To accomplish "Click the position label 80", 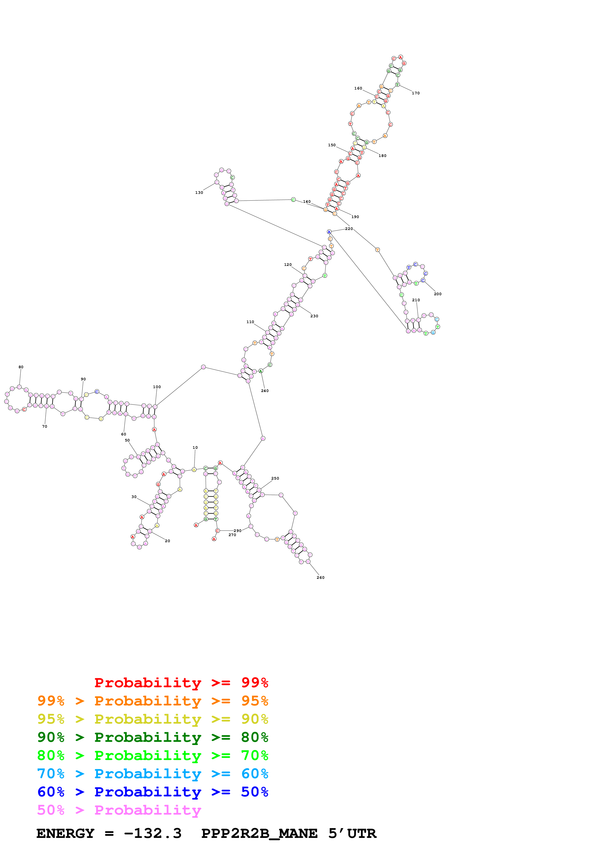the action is (x=21, y=367).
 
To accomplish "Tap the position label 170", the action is (x=415, y=93).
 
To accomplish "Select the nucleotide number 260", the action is (x=321, y=577).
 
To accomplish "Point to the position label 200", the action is (x=438, y=294).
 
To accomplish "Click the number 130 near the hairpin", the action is (x=199, y=192).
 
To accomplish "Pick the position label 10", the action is (x=195, y=447).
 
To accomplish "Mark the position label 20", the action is (x=167, y=541).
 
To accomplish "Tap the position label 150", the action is (x=332, y=145).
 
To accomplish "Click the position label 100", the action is (x=157, y=387).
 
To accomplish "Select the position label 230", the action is (x=314, y=316).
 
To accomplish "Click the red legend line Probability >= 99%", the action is (x=181, y=682).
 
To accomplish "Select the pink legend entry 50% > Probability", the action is (x=119, y=810).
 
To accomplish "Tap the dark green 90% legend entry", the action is (x=153, y=737).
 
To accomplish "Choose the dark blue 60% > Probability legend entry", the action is (x=153, y=792).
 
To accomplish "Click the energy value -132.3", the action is (x=153, y=833).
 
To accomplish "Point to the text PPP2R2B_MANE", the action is (x=259, y=833).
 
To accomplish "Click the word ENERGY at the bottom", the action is (x=65, y=833).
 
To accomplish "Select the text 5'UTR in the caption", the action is (x=352, y=833).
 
